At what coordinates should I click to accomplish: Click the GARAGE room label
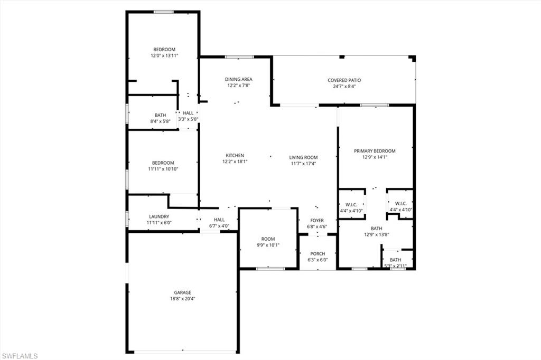[183, 292]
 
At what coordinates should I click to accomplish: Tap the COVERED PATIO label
[344, 80]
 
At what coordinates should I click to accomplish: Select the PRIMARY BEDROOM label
[375, 151]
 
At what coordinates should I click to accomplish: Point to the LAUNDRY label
[159, 216]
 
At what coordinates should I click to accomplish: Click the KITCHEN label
[235, 155]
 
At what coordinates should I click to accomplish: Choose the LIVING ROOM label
[303, 157]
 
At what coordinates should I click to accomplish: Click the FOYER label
[317, 221]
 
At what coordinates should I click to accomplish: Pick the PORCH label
[318, 254]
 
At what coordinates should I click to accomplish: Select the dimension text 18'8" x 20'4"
[183, 299]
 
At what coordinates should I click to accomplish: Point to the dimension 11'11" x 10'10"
[163, 169]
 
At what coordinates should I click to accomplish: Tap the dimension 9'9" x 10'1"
[268, 245]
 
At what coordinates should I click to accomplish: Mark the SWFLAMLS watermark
[19, 356]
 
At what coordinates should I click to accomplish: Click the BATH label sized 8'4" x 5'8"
[160, 115]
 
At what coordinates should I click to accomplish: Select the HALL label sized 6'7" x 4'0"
[219, 220]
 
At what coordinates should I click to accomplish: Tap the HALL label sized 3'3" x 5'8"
[189, 113]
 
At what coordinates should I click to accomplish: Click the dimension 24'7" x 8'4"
[344, 87]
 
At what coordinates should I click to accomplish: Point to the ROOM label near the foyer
[268, 239]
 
